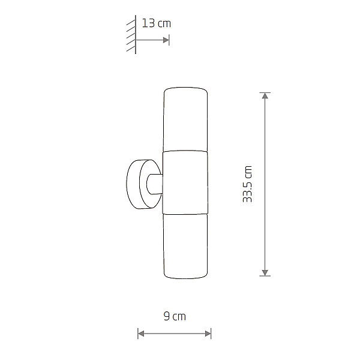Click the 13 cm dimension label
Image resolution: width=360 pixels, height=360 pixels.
click(157, 23)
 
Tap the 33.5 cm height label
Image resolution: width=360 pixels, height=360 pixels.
click(247, 184)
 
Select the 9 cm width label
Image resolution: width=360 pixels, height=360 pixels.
click(175, 316)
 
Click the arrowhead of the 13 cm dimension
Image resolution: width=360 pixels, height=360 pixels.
click(166, 40)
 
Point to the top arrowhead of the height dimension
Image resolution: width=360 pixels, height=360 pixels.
click(265, 95)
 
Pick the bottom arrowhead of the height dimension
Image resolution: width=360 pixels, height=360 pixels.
click(265, 273)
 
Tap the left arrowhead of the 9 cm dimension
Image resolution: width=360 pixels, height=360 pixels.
click(141, 334)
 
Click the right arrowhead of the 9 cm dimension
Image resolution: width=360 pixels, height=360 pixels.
click(208, 334)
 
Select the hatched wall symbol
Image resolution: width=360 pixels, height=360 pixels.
click(131, 35)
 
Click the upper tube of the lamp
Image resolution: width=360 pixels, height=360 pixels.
click(185, 119)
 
